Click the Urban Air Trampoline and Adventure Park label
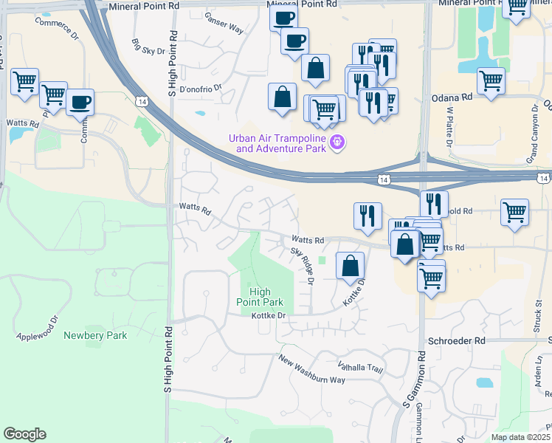[x=277, y=142]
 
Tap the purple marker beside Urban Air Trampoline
[x=338, y=142]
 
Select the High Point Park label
[x=260, y=297]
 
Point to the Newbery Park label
[x=95, y=335]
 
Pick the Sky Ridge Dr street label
[x=303, y=266]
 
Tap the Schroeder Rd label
[x=456, y=341]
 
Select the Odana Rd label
[x=451, y=97]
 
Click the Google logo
[x=24, y=434]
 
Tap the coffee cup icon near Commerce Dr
[x=80, y=102]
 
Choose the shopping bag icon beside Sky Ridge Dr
[x=351, y=265]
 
